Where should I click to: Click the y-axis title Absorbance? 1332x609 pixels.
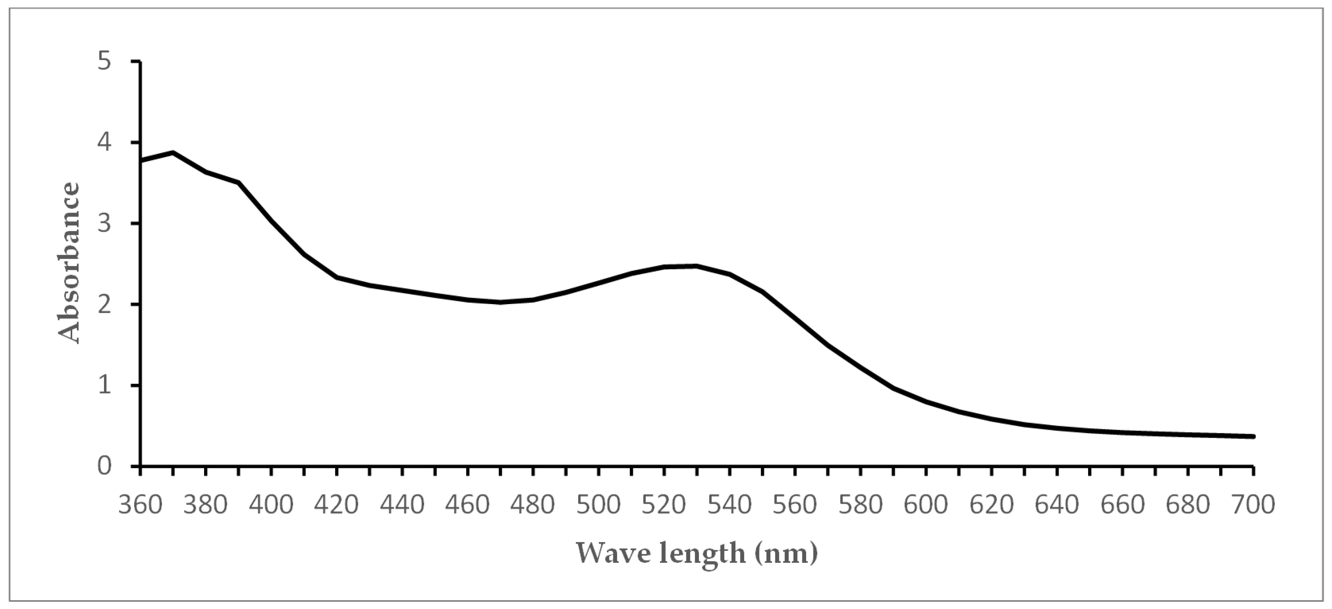coord(69,263)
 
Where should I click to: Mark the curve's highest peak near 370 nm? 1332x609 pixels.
coord(173,153)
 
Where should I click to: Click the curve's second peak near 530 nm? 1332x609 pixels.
coord(697,266)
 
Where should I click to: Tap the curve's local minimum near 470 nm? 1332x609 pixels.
coord(500,302)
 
